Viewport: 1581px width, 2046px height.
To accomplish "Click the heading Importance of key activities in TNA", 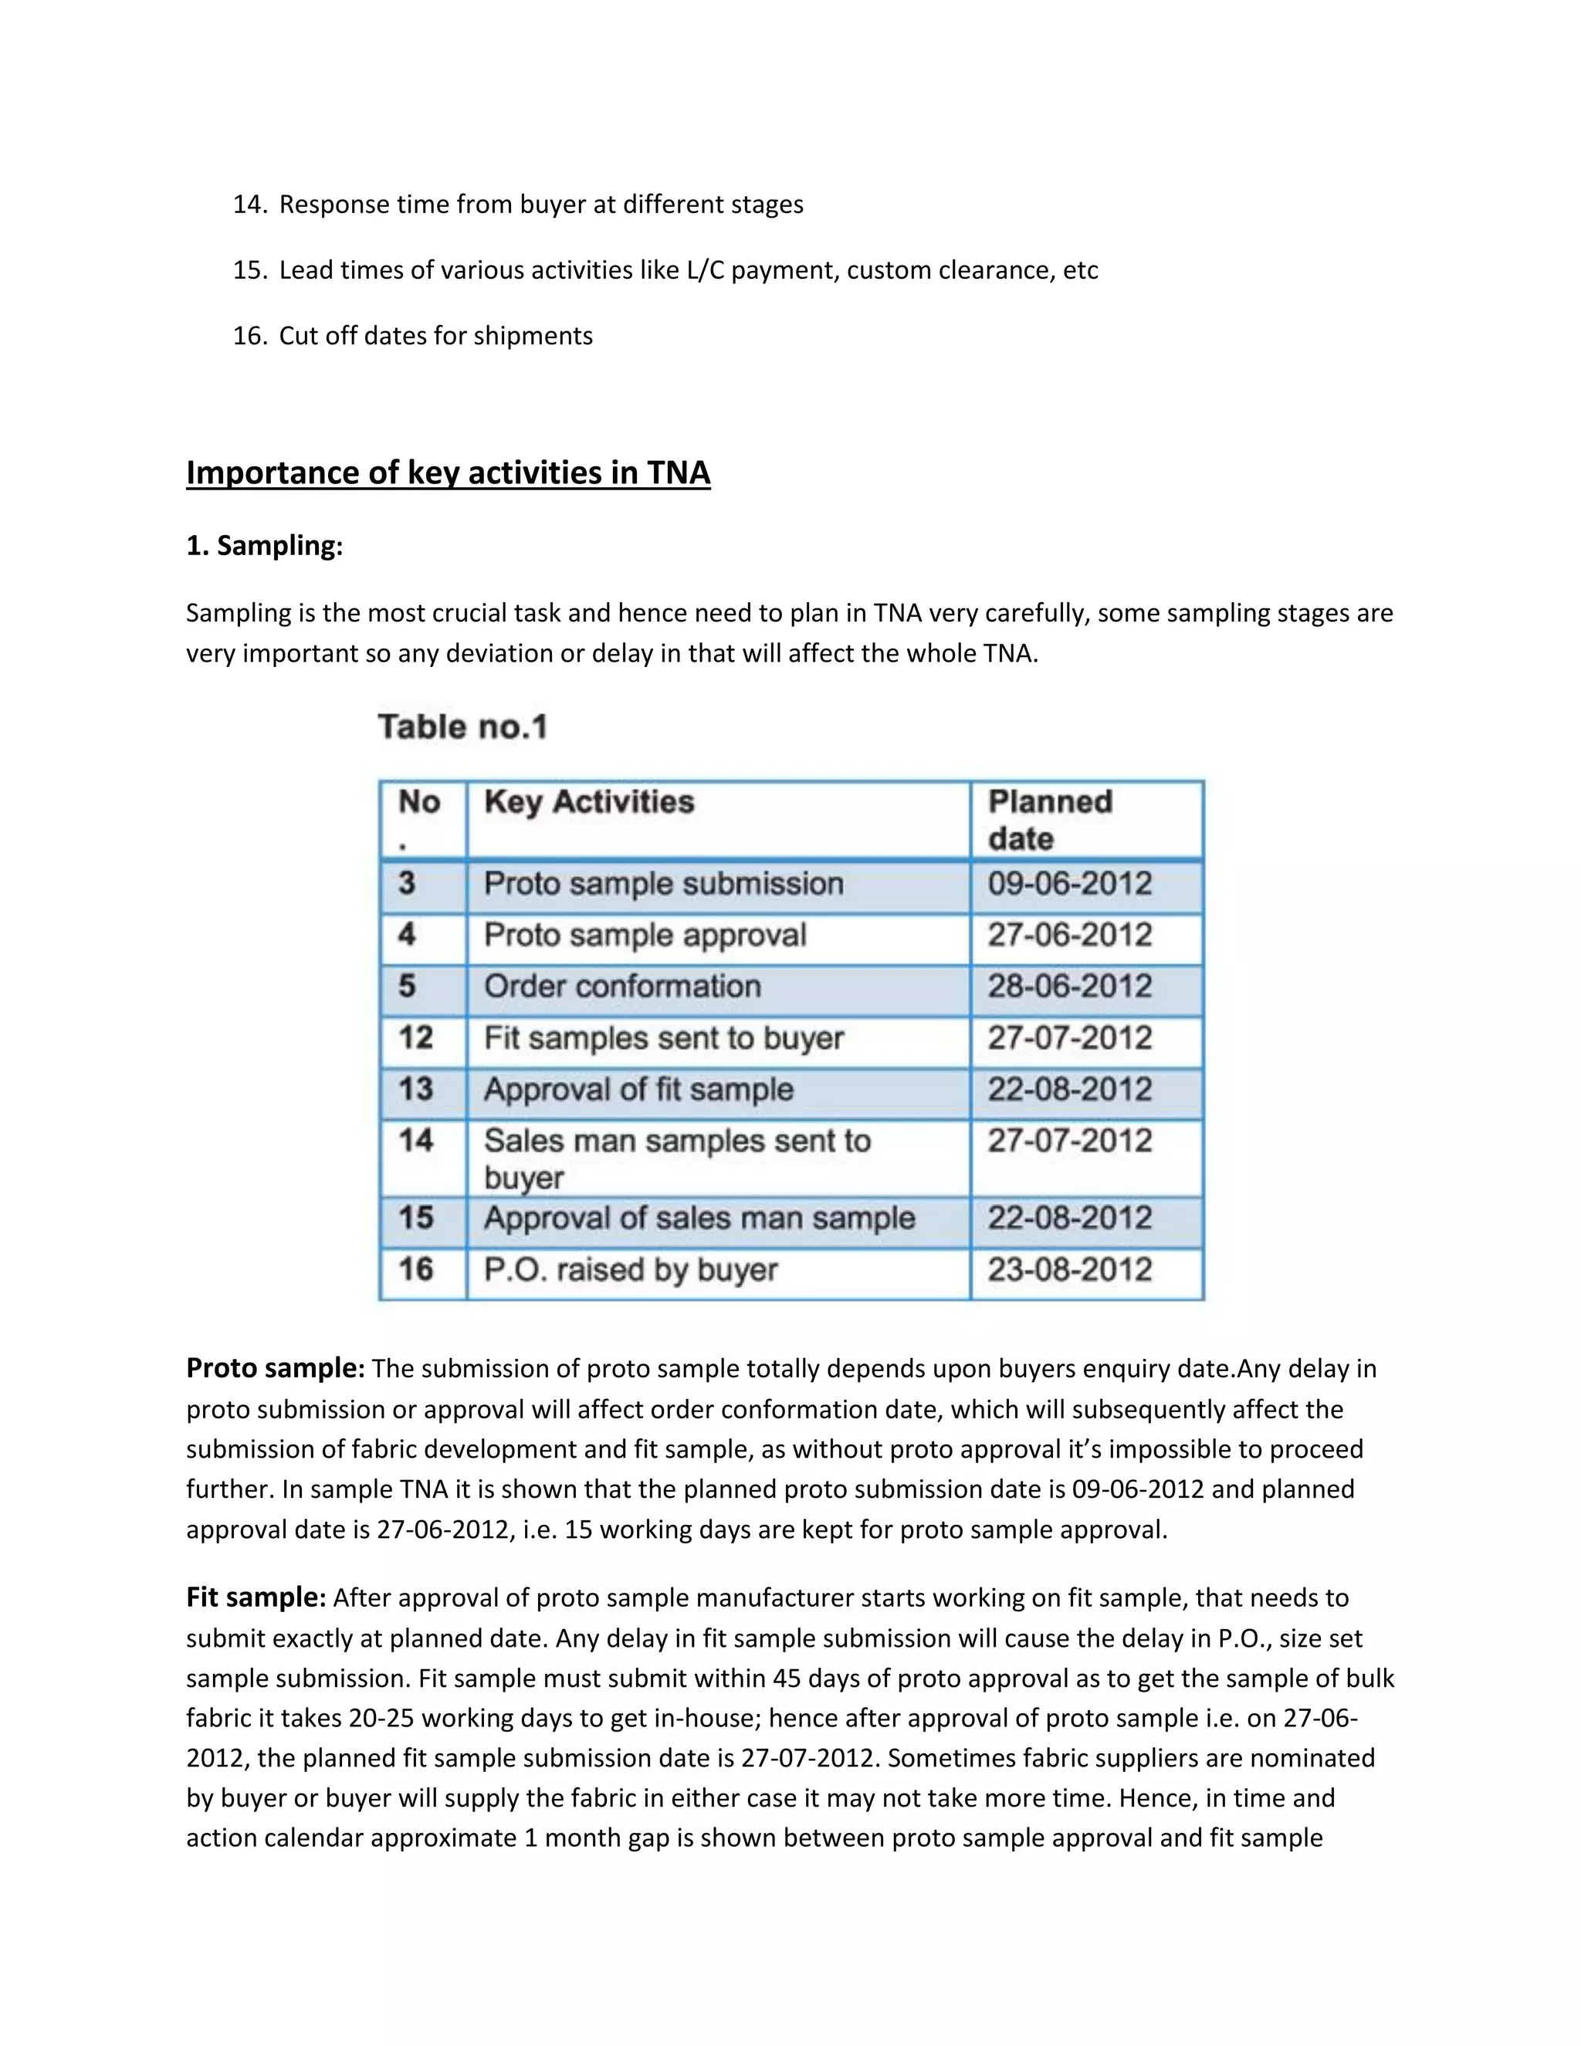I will point(448,473).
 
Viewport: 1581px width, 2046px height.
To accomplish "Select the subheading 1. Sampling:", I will point(264,545).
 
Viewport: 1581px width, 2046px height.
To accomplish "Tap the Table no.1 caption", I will point(462,727).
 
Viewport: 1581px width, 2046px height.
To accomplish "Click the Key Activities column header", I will point(589,802).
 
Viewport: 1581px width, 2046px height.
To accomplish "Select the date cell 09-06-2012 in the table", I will point(1070,883).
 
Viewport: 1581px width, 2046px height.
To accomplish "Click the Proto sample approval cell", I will point(645,935).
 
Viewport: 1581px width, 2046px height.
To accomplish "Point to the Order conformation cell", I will point(622,987).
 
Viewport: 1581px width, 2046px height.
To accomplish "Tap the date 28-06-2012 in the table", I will point(1070,987).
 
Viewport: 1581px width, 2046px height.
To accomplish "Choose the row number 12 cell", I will point(416,1038).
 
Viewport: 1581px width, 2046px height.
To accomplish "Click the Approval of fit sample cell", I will point(638,1089).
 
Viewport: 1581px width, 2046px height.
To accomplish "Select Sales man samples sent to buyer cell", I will point(676,1158).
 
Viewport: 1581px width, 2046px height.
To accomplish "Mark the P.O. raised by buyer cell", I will point(631,1270).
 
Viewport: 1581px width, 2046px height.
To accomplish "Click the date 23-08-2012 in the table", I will point(1070,1270).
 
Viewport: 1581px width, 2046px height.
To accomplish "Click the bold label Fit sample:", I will point(256,1597).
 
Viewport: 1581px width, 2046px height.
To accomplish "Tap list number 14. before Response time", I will point(250,205).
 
